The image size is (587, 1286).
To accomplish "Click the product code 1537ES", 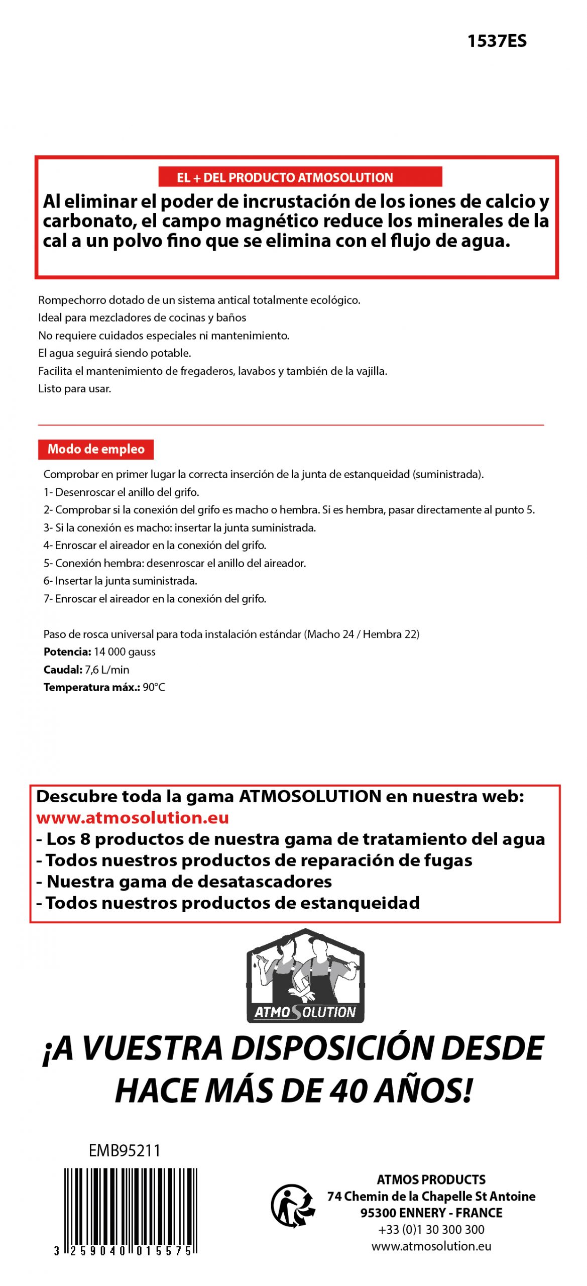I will pos(496,41).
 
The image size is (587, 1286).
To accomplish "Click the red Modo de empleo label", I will pos(95,449).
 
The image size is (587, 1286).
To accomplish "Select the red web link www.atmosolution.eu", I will pos(133,817).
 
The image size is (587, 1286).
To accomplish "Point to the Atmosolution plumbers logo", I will pos(305,976).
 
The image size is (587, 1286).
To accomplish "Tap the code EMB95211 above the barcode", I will pos(124,1150).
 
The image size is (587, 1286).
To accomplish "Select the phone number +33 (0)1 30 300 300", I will pos(431,1229).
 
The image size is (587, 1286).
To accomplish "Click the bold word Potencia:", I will pos(67,652).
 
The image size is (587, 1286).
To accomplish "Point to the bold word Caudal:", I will pos(63,669).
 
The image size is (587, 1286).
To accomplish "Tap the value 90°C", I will pos(154,687).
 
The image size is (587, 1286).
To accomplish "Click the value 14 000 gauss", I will pos(125,652).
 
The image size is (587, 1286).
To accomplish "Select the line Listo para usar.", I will pos(75,388).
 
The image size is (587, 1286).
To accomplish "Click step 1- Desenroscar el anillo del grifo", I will pos(121,492).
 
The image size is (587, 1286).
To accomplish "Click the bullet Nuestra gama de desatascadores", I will pos(184,881).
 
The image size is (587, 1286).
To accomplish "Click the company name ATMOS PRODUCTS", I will pos(431,1179).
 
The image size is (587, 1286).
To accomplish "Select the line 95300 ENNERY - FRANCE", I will pos(431,1213).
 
